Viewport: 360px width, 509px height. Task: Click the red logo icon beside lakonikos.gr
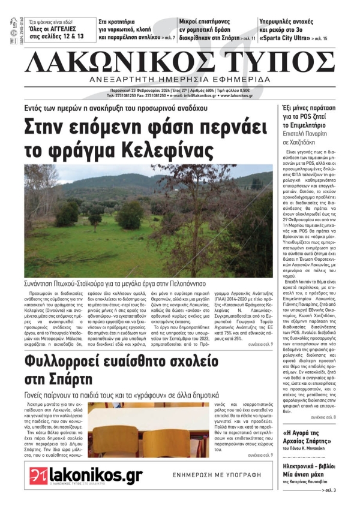[38, 476]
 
